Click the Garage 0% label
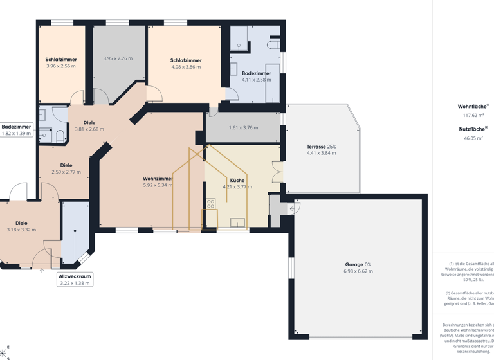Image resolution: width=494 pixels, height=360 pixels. (358, 264)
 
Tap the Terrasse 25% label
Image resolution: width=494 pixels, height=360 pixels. (321, 147)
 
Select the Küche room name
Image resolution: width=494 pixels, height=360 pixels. (237, 181)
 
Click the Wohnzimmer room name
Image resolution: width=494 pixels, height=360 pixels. (158, 179)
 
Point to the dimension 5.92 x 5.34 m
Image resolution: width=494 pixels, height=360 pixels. (158, 186)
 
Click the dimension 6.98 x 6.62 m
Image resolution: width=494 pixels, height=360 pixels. (358, 271)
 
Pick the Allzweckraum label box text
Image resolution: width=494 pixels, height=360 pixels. (75, 276)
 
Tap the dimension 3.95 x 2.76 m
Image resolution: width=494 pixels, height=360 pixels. (118, 59)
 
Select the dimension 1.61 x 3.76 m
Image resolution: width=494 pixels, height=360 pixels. (243, 127)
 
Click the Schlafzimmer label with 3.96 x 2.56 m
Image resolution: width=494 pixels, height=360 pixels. (61, 60)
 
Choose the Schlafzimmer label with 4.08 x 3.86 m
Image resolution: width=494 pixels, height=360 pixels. (186, 60)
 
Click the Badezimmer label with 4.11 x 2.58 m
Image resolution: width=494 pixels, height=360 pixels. (256, 73)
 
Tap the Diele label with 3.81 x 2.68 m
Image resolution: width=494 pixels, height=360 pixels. (89, 122)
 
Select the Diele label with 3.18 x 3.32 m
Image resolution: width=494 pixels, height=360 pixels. (21, 223)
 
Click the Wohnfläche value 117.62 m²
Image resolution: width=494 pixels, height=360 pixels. (473, 116)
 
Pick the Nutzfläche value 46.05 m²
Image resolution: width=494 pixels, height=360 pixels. (473, 138)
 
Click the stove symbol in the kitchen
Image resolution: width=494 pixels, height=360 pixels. (210, 204)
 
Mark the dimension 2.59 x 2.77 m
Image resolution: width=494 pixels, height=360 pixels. (66, 172)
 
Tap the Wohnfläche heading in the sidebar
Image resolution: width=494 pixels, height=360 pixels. (472, 106)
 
